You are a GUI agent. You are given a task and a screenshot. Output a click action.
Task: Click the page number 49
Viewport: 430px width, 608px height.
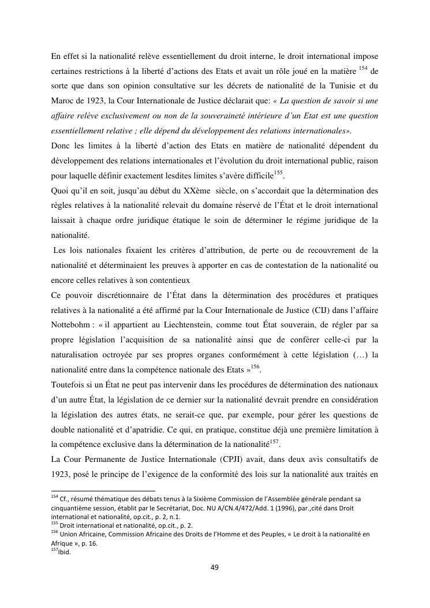(x=215, y=568)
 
